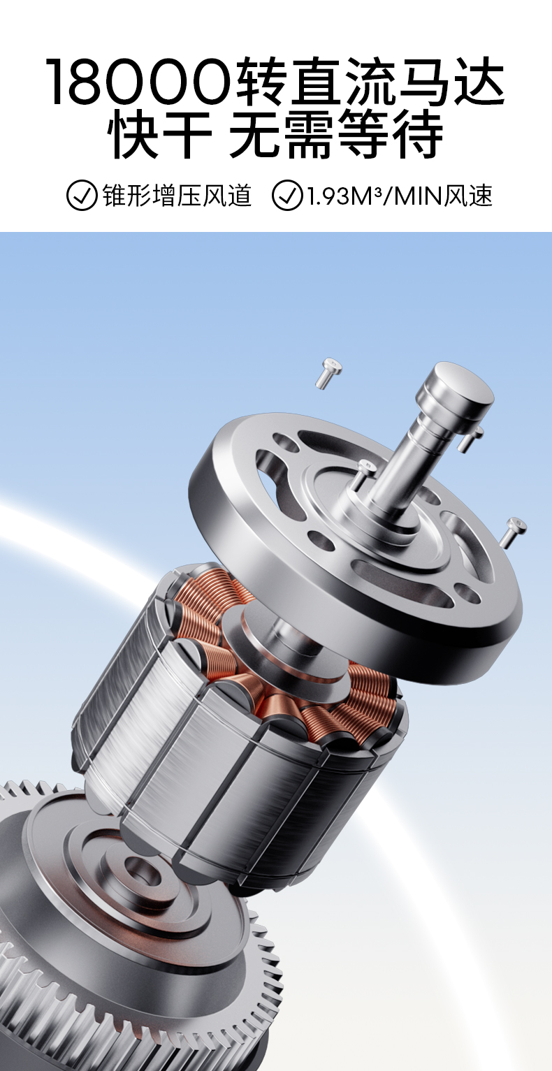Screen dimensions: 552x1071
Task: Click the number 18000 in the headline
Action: pos(139,81)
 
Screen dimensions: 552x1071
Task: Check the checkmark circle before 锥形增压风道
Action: pos(81,196)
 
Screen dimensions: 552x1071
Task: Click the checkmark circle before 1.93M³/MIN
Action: pos(287,196)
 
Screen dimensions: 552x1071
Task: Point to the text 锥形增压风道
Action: pos(177,196)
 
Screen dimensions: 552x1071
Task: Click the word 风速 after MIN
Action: pos(468,196)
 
